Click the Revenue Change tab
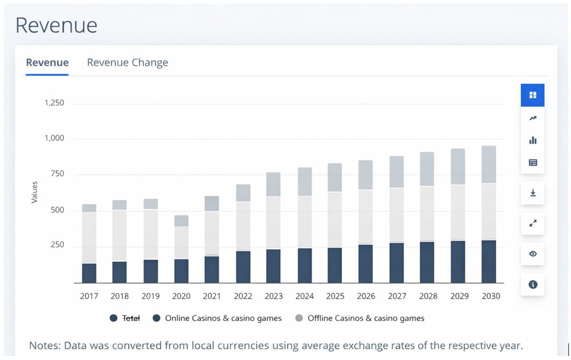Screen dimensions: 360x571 pos(127,63)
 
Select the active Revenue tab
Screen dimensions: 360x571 pos(47,63)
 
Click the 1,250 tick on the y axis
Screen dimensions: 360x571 pos(54,103)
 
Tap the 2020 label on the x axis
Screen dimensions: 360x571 pos(181,296)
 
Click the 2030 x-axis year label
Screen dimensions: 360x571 pos(490,296)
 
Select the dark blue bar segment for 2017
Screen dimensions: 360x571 pos(89,273)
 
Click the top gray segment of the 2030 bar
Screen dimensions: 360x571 pos(488,164)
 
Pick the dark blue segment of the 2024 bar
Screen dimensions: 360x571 pos(305,265)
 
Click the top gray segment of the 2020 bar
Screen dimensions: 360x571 pos(181,221)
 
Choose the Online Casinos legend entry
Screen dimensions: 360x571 pos(217,318)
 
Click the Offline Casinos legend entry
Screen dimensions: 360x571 pos(360,318)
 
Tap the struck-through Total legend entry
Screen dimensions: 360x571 pos(125,318)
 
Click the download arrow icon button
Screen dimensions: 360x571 pos(533,193)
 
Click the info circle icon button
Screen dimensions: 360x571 pos(533,284)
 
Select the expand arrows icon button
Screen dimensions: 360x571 pos(533,223)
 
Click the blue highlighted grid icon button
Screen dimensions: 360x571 pos(533,95)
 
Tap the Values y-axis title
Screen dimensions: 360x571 pos(35,192)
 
